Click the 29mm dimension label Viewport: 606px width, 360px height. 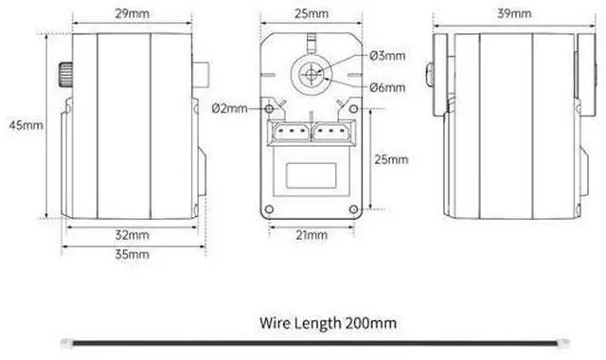tap(133, 13)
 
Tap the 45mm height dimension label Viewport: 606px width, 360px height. tap(26, 125)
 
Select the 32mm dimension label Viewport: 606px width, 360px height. tap(133, 235)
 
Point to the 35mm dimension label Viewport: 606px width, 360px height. tap(133, 254)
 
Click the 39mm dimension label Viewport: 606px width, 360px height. tap(514, 13)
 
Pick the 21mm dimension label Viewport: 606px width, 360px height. tap(312, 235)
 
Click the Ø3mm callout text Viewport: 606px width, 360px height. tap(387, 56)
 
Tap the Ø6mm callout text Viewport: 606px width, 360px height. tap(387, 87)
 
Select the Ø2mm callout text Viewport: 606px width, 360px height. tap(229, 108)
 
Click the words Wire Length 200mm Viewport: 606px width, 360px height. tap(329, 323)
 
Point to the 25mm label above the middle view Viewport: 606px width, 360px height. tap(312, 13)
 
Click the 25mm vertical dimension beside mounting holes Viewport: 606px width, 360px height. tap(391, 159)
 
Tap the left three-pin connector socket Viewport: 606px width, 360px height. tap(291, 132)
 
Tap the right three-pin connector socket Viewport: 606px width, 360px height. tap(332, 132)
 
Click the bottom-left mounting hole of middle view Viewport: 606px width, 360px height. tap(269, 209)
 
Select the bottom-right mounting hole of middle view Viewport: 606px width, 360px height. tap(353, 209)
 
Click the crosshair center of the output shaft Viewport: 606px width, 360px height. tap(311, 75)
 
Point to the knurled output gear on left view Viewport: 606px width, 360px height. tap(65, 74)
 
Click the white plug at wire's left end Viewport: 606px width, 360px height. tap(67, 343)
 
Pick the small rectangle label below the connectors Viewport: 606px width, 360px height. tap(312, 175)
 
